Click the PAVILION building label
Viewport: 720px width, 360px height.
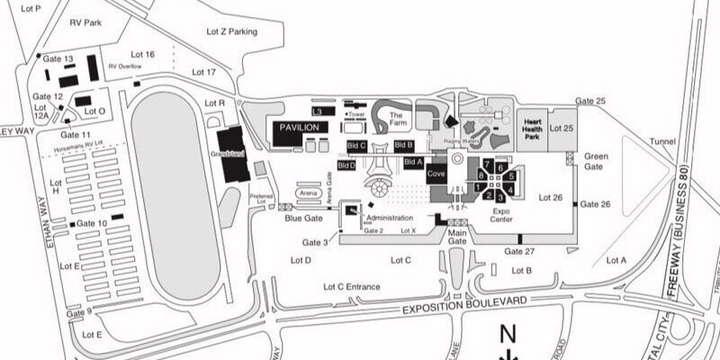[299, 128]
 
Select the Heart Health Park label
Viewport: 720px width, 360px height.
[532, 129]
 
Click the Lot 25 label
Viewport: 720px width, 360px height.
[562, 129]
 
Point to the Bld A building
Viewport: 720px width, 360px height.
[413, 162]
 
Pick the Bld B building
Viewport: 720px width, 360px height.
[403, 145]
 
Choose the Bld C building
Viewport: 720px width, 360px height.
[356, 145]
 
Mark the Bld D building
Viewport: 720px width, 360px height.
[346, 166]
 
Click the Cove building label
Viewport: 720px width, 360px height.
[436, 173]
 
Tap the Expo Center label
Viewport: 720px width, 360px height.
[500, 214]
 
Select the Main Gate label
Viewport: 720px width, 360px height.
[458, 236]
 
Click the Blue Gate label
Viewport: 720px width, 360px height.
[303, 218]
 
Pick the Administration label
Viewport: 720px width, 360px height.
[389, 218]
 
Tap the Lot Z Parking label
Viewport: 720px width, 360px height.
[231, 31]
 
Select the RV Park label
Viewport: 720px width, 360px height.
[86, 23]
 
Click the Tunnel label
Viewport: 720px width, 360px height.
[661, 141]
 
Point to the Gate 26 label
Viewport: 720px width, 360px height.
[595, 204]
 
